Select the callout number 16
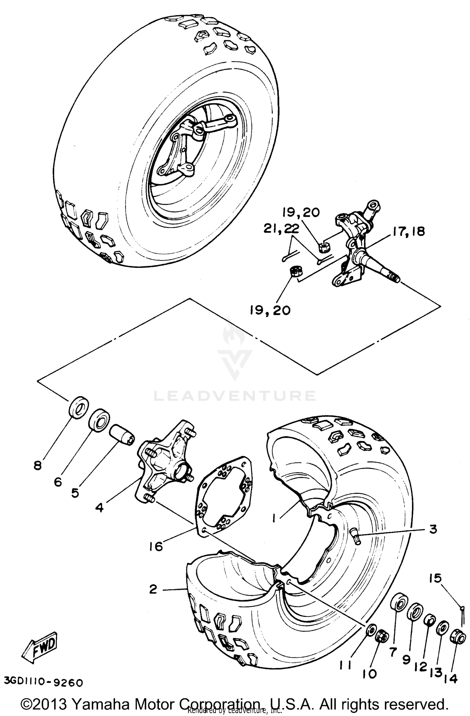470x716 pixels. (x=156, y=547)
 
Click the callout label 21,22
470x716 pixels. (x=281, y=229)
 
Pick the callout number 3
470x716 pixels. (x=433, y=529)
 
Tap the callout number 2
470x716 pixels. (x=153, y=590)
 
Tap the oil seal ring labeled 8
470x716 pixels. (x=78, y=407)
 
